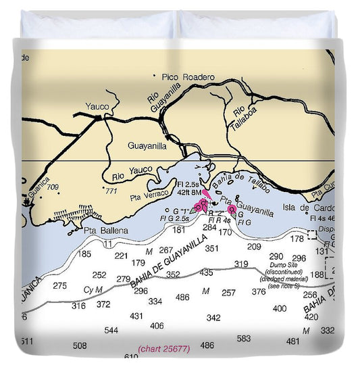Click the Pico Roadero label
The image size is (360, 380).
click(x=177, y=77)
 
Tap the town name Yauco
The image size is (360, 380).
click(x=97, y=105)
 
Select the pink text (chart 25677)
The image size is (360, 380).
click(x=164, y=349)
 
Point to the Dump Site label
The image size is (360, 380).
click(x=283, y=265)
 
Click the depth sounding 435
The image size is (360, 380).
click(x=206, y=272)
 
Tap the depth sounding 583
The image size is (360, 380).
click(x=244, y=338)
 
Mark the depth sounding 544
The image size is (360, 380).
click(x=111, y=331)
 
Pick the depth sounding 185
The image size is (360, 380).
click(x=84, y=254)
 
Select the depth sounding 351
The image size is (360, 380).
click(x=213, y=249)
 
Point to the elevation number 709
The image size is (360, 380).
click(x=53, y=187)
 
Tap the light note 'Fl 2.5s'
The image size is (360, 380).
click(x=188, y=184)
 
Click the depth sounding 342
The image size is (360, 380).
click(x=213, y=318)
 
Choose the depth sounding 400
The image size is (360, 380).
click(x=280, y=308)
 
